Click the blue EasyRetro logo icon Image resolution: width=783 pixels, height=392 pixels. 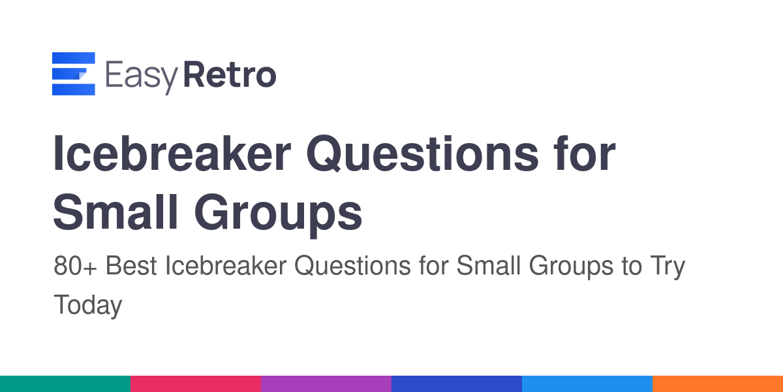73,73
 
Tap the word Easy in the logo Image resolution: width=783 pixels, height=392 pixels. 142,77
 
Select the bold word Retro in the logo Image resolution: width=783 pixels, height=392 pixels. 230,74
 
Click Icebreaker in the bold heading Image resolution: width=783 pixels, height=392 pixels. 172,154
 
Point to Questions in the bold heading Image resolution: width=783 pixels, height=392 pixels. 423,154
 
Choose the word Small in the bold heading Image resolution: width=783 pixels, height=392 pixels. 116,212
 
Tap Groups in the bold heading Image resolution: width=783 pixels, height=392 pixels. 278,215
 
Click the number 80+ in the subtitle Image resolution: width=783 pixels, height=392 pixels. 75,266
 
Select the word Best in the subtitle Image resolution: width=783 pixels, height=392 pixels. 131,265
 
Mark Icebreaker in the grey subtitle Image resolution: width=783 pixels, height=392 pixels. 226,265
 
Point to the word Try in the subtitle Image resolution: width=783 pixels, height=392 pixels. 668,267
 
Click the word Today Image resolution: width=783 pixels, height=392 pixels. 87,306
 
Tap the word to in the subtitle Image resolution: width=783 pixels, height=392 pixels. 632,267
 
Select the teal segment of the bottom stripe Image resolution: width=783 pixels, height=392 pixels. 65,384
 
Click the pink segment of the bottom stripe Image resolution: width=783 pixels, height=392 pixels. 196,384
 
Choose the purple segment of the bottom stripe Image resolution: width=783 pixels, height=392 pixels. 326,384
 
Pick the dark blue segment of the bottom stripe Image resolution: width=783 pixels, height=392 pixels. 457,384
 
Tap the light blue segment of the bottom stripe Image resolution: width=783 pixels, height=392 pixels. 587,384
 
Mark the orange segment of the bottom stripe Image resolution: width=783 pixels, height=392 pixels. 718,384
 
